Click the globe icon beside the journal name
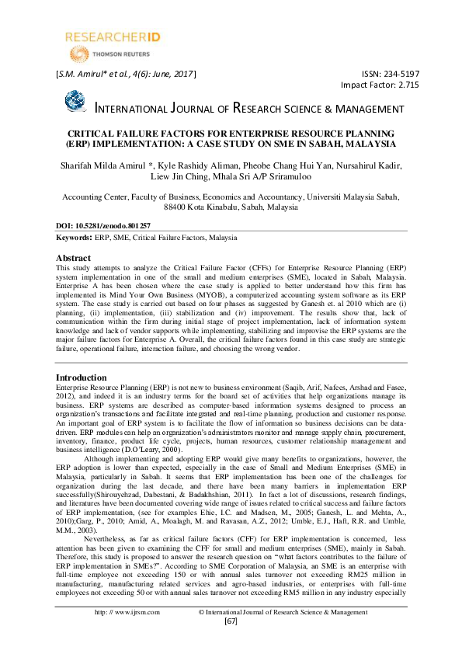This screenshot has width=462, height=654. [x=75, y=102]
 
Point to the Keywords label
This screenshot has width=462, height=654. [x=74, y=237]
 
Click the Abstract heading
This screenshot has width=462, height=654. [x=78, y=257]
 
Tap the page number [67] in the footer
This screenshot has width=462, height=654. [x=231, y=642]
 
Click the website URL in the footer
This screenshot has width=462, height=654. [x=123, y=634]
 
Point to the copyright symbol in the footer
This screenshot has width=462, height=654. [x=202, y=634]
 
